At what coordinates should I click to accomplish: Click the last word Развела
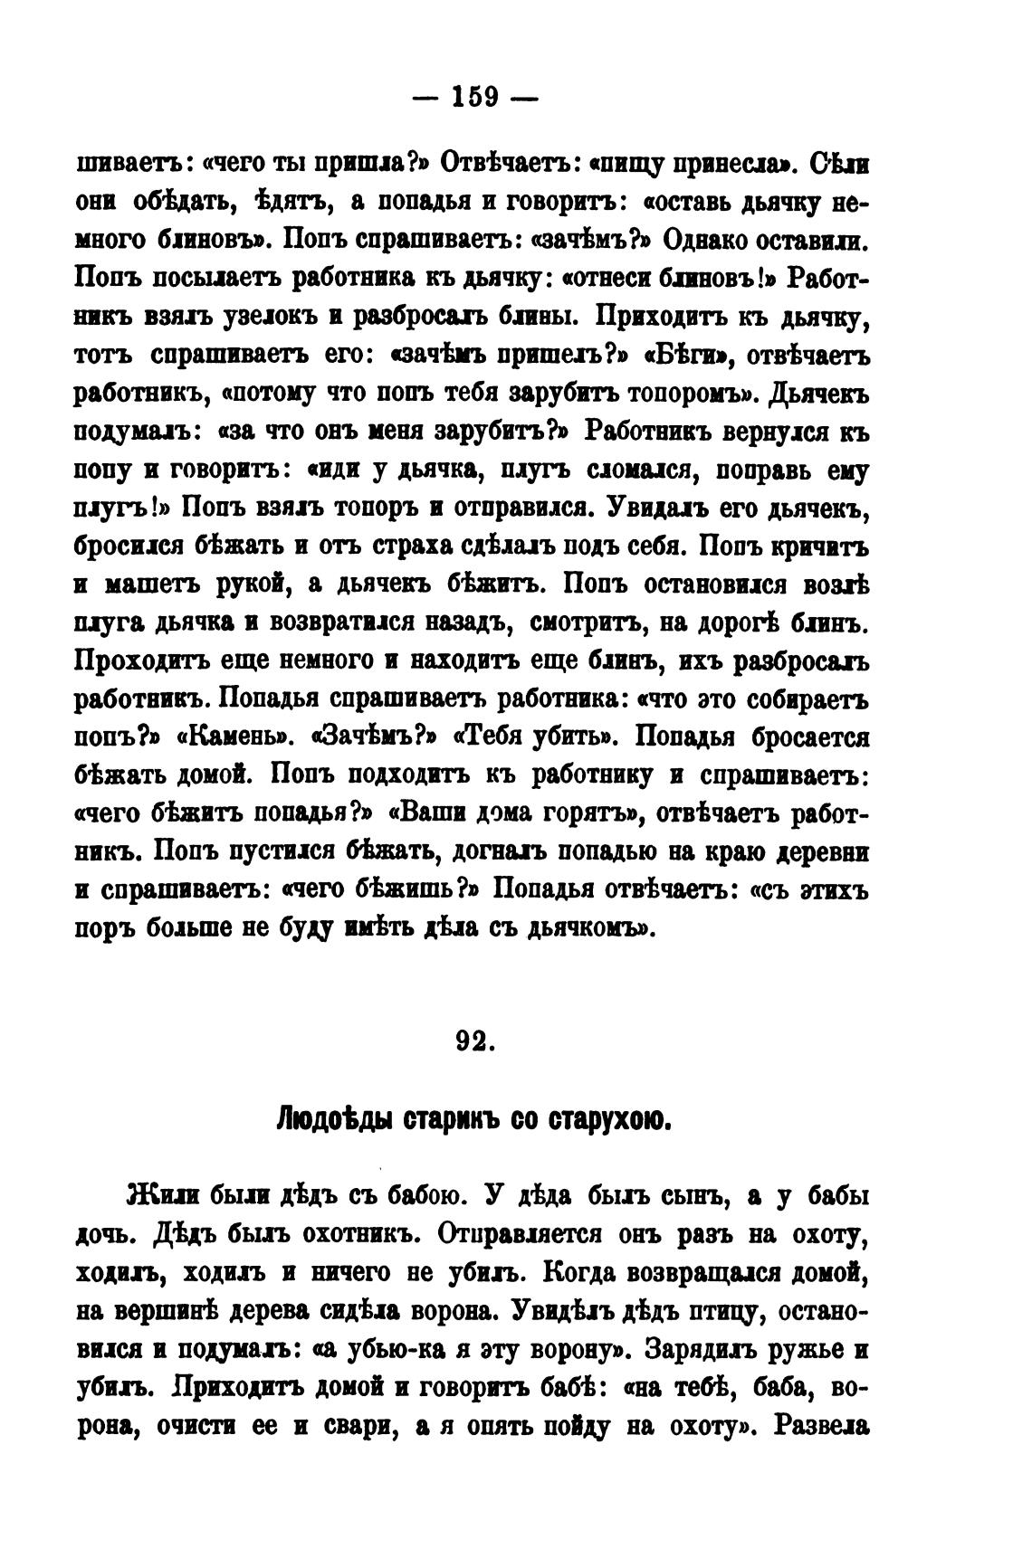pos(823,1427)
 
